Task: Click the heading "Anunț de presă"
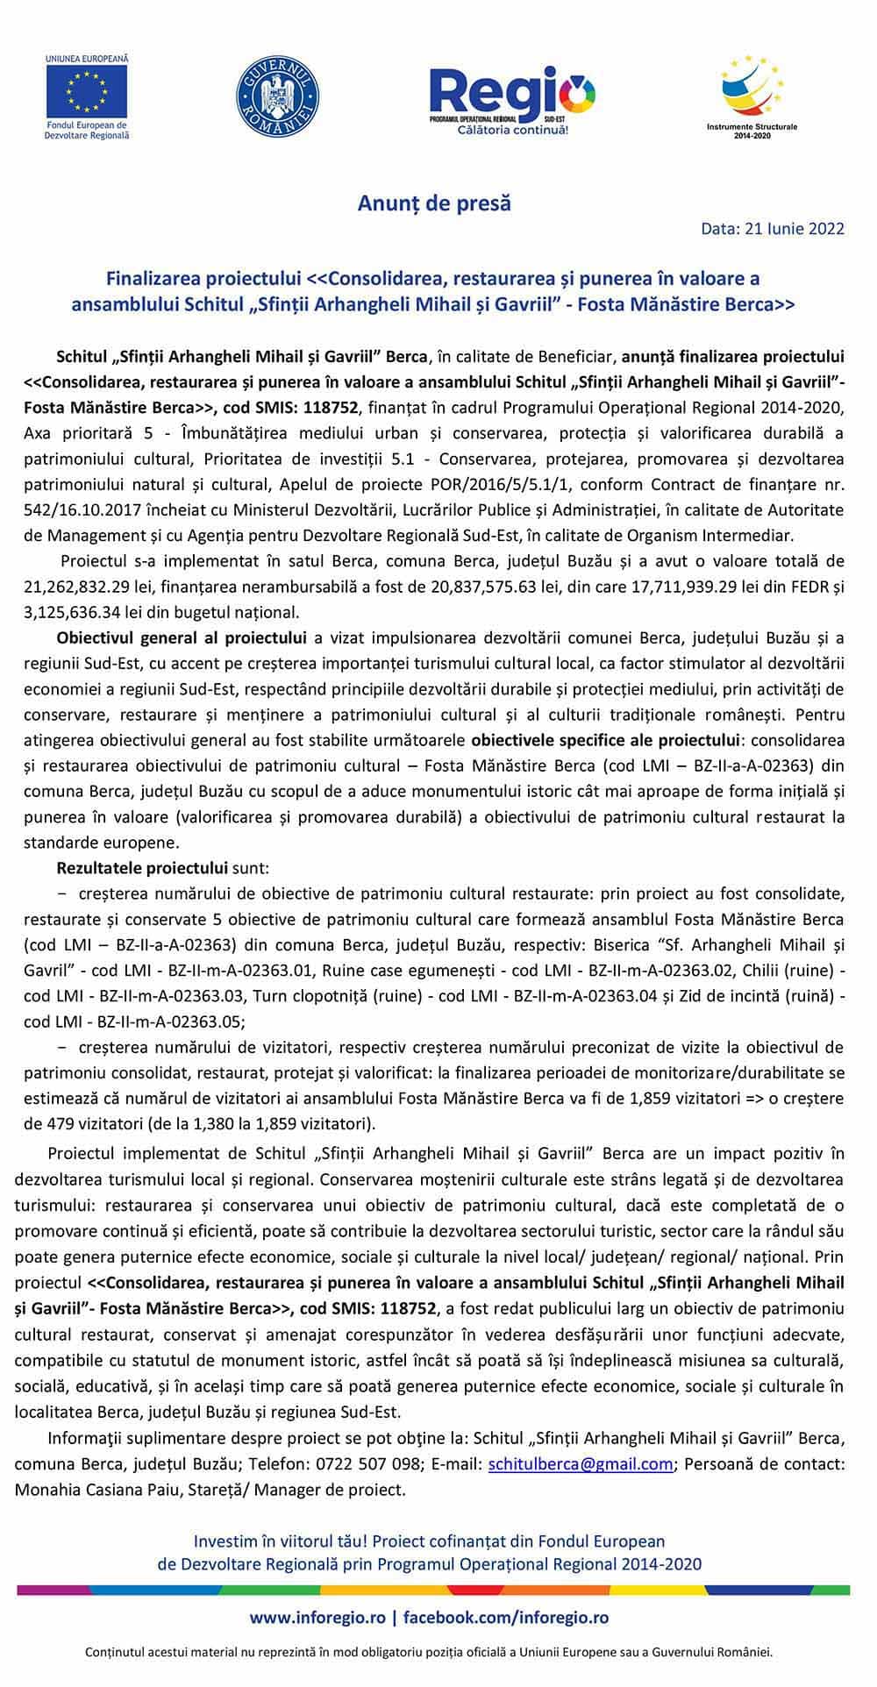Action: tap(434, 203)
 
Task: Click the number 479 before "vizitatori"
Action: tap(69, 1124)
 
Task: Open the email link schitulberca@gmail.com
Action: tap(581, 1463)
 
